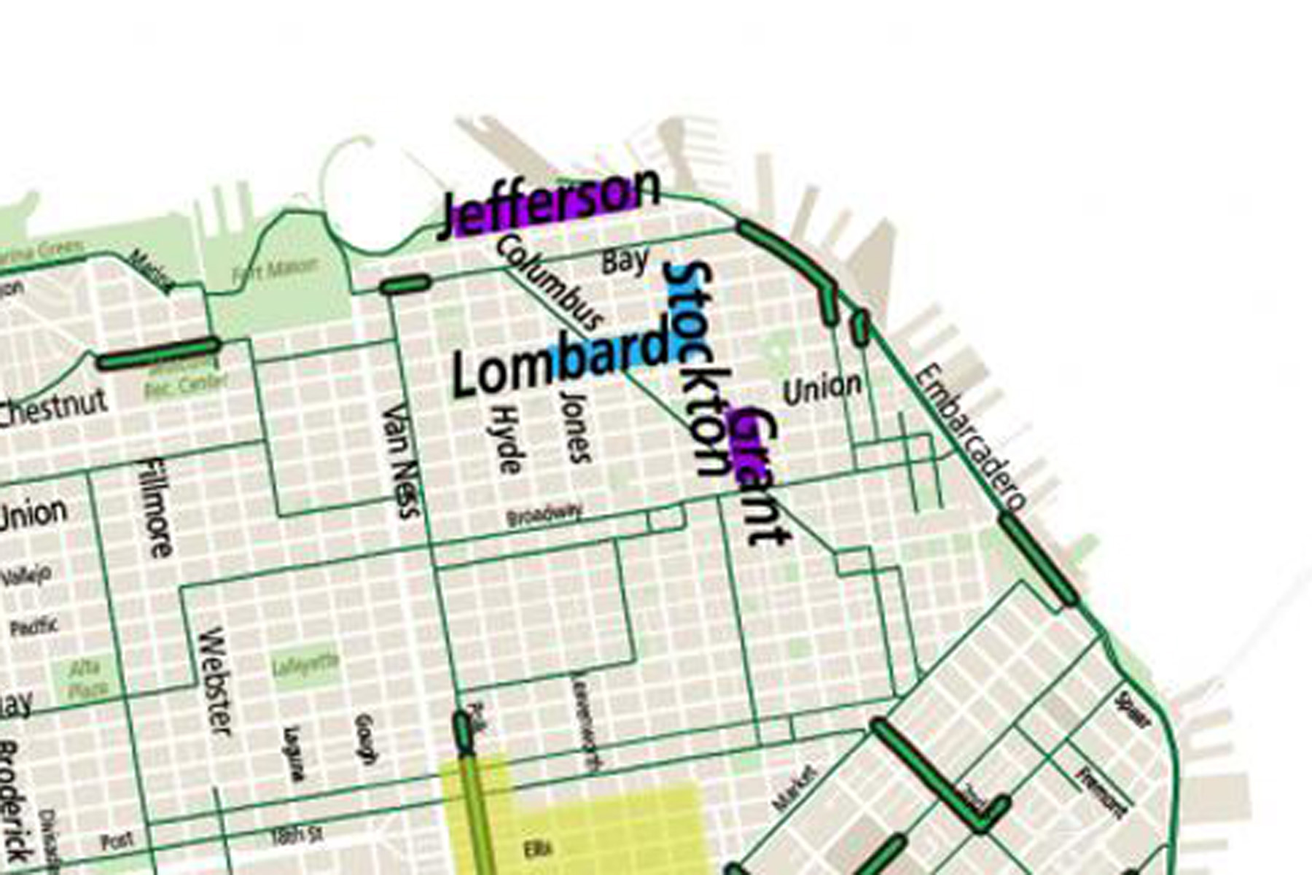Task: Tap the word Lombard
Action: pos(560,362)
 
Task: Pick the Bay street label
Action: pos(625,261)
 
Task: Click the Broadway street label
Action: pos(544,515)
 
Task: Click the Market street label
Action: pos(794,787)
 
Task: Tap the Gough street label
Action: pos(365,739)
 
